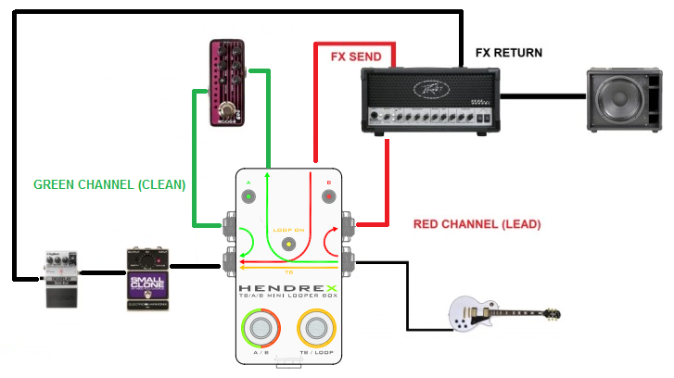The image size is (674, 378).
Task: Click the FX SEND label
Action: point(355,56)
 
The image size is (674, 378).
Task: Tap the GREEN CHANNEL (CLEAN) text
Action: point(109,184)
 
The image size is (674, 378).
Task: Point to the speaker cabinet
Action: point(625,98)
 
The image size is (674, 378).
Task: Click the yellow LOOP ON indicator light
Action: point(289,245)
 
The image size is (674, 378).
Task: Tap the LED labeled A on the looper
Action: point(248,197)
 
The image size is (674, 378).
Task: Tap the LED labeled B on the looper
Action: point(327,197)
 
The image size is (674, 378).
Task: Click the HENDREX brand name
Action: point(288,290)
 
